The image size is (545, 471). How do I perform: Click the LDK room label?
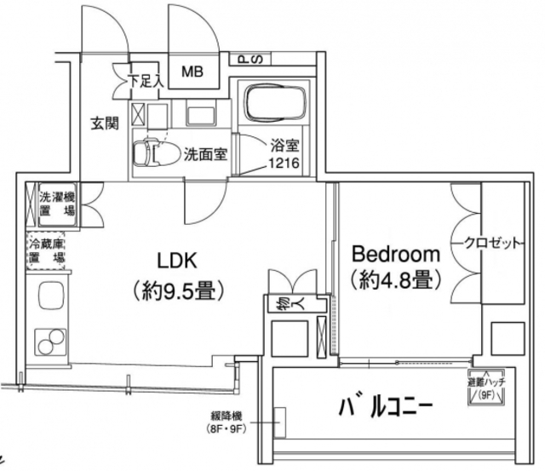click(x=176, y=259)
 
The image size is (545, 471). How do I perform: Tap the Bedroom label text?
click(x=396, y=254)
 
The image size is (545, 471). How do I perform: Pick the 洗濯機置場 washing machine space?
click(x=54, y=205)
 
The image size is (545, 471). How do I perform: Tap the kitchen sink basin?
click(x=47, y=297)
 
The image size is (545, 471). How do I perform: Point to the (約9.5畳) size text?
click(x=176, y=291)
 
